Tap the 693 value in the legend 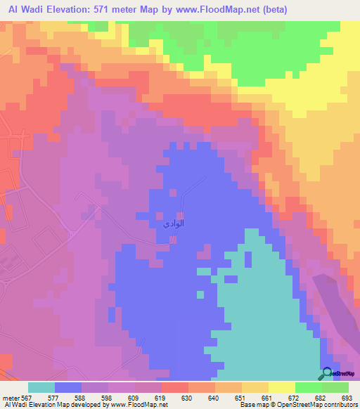click(345, 397)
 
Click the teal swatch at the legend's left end click(41, 387)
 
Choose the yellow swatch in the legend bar click(281, 387)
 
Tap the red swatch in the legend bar click(174, 387)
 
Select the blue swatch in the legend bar click(67, 387)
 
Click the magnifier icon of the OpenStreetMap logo click(327, 373)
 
